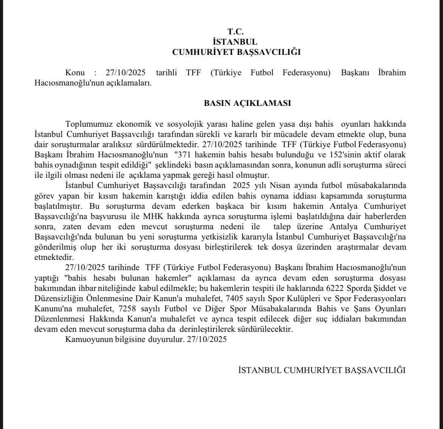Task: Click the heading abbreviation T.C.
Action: (236, 32)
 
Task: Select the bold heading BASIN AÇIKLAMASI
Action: (247, 103)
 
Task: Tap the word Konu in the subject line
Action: (75, 73)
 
